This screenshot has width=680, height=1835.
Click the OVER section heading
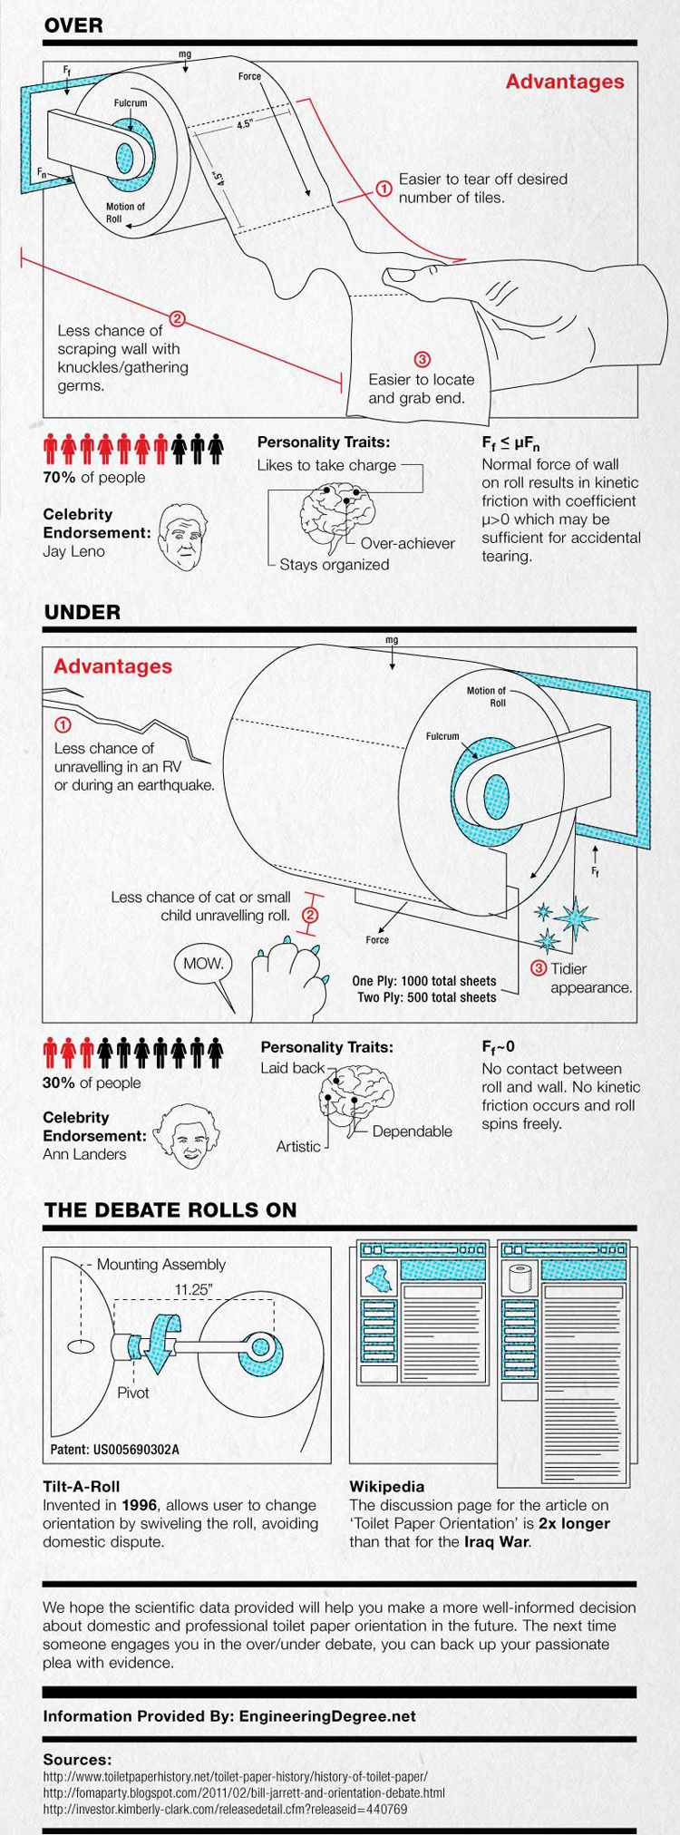pyautogui.click(x=73, y=26)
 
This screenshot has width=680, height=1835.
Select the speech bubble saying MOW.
pyautogui.click(x=204, y=965)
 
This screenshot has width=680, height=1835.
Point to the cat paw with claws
pyautogui.click(x=288, y=983)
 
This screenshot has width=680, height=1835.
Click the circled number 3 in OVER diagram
pyautogui.click(x=421, y=359)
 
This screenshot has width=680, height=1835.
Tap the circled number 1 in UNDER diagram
pyautogui.click(x=63, y=725)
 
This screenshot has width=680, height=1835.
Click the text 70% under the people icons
pyautogui.click(x=59, y=478)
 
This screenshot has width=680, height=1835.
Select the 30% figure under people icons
pyautogui.click(x=59, y=1083)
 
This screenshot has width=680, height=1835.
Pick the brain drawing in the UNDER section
pyautogui.click(x=357, y=1098)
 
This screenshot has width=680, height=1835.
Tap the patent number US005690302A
pyautogui.click(x=115, y=1449)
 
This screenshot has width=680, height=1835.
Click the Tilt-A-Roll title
pyautogui.click(x=82, y=1487)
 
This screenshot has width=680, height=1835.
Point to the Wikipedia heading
pyautogui.click(x=386, y=1487)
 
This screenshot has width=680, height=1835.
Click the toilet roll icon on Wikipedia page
pyautogui.click(x=520, y=1279)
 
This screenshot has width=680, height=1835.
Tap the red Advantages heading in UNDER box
pyautogui.click(x=112, y=666)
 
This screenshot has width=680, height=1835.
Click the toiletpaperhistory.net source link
pyautogui.click(x=235, y=1777)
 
